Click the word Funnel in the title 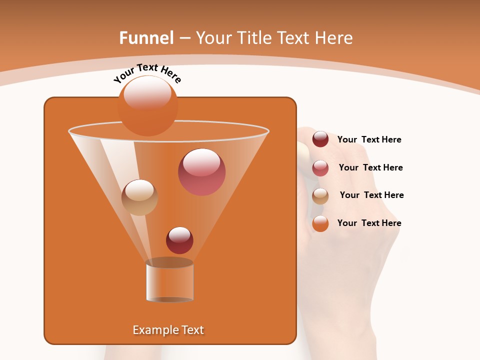(146, 38)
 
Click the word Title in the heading (254, 38)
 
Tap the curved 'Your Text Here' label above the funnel (147, 73)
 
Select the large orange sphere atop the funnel (147, 106)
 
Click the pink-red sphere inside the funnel (201, 172)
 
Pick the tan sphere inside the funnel (139, 197)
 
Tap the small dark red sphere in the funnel (179, 240)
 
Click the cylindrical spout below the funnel (170, 281)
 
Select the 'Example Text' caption (168, 330)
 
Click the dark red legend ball (320, 139)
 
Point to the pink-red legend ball (320, 168)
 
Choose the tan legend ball (320, 196)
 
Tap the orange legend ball (320, 223)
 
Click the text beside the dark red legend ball (369, 140)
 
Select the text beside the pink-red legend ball (370, 168)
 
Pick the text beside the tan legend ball (371, 195)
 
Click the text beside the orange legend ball (369, 223)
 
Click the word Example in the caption (154, 330)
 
